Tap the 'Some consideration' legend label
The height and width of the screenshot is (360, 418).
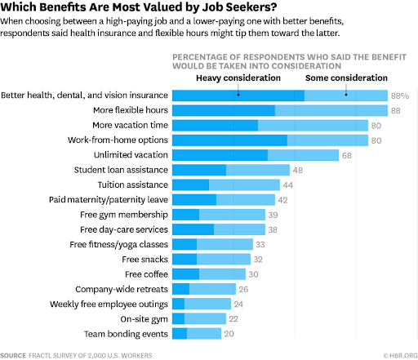[x=346, y=78]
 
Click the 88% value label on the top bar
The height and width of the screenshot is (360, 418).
[x=399, y=96]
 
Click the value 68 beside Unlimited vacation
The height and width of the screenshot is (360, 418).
[x=347, y=155]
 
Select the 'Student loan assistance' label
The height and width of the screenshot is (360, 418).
[x=121, y=170]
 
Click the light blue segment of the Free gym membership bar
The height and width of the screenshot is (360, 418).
[x=232, y=215]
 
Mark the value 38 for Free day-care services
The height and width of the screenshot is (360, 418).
[x=273, y=229]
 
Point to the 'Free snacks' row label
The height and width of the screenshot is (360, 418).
[x=146, y=260]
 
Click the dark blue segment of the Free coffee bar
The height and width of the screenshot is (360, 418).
[x=185, y=274]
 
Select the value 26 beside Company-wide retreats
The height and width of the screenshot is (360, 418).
[x=243, y=289]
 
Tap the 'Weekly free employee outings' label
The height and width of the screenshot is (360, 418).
[x=109, y=304]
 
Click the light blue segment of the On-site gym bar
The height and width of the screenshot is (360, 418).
[x=205, y=318]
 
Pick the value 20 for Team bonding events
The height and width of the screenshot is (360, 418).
[x=229, y=334]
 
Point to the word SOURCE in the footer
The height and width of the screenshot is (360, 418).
[x=13, y=355]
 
